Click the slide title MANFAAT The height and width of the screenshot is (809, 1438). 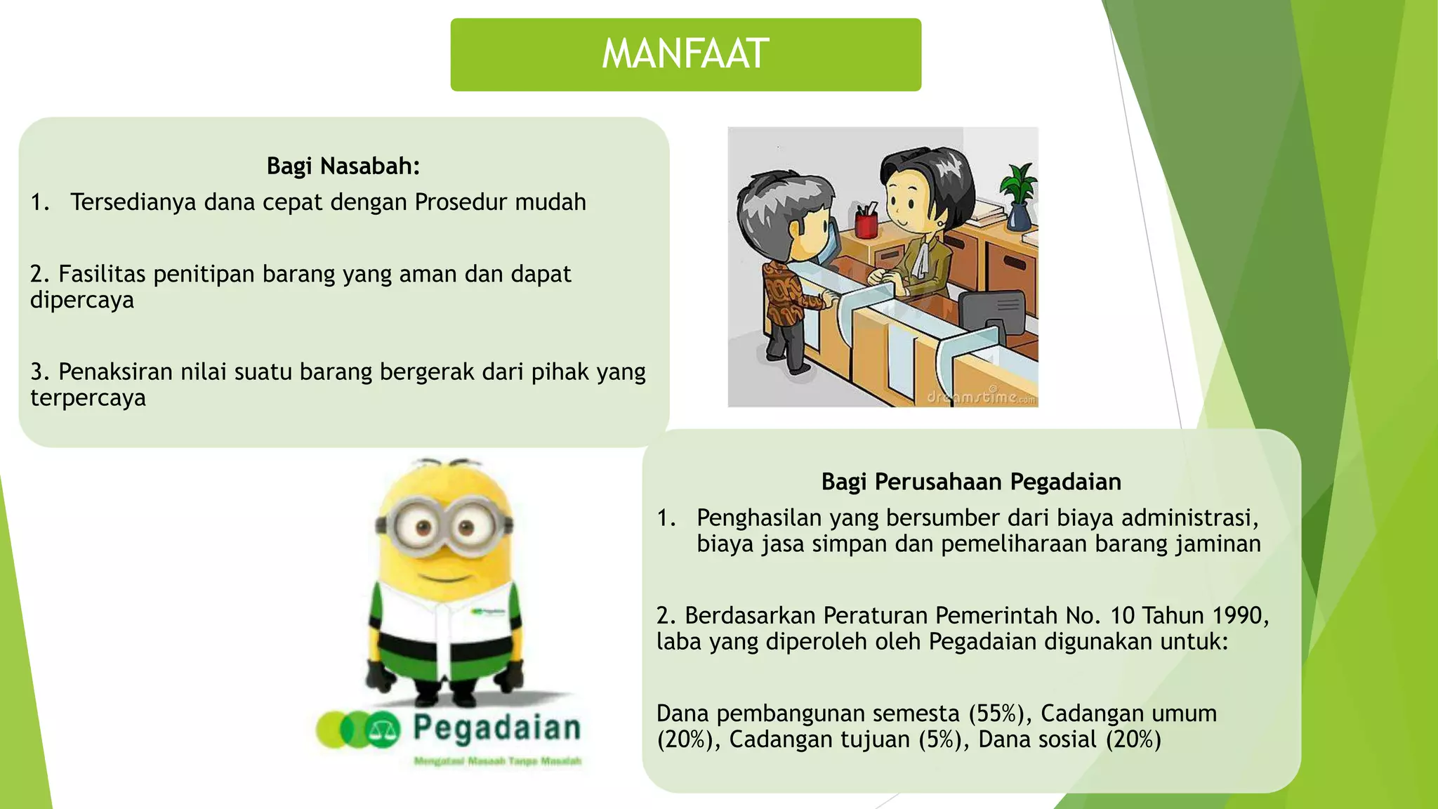click(x=685, y=54)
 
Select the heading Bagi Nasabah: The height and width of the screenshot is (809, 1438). click(x=343, y=166)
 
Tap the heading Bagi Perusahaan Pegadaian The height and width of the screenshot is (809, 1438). click(x=971, y=482)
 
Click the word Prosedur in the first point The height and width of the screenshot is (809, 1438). click(x=461, y=202)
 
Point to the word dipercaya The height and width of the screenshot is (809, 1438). click(x=82, y=301)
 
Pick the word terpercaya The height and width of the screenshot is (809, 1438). click(x=88, y=398)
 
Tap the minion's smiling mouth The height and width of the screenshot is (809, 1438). click(x=442, y=577)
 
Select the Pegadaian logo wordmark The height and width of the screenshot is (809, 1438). click(x=496, y=728)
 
